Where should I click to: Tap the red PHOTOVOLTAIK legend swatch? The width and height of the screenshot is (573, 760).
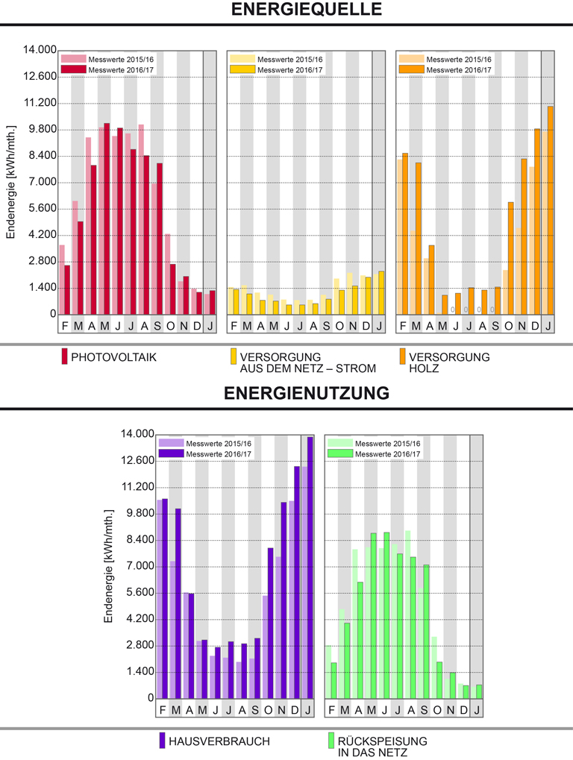tap(64, 357)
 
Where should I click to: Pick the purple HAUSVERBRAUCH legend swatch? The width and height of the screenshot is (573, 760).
tap(161, 741)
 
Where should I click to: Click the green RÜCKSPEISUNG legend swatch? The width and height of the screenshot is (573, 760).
tap(330, 741)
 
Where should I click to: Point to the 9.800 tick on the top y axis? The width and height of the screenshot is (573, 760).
tap(42, 130)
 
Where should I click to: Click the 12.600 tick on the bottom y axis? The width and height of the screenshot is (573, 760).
tap(138, 461)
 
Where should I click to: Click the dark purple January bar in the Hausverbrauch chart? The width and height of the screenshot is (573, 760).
tap(310, 567)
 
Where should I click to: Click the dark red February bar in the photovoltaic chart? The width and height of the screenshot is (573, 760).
tap(67, 290)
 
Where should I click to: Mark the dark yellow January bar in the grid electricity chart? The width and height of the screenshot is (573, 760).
tap(381, 292)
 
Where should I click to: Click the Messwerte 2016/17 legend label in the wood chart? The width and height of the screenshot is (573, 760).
tap(459, 70)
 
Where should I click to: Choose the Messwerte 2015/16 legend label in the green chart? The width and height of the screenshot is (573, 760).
tap(387, 444)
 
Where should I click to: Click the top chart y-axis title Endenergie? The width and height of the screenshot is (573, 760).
tap(10, 195)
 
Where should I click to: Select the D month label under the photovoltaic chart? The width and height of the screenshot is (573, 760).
tap(197, 326)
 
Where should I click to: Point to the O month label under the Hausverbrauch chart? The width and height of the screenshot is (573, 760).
tap(269, 709)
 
